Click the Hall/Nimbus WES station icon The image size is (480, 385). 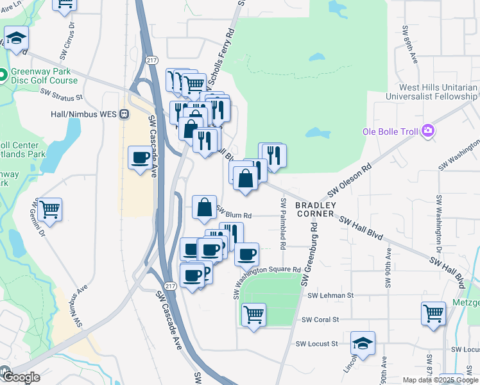[x=124, y=114]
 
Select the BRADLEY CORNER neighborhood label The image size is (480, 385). [x=314, y=209]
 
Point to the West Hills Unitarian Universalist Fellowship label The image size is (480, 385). [x=438, y=92]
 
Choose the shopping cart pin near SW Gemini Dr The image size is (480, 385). [x=49, y=209]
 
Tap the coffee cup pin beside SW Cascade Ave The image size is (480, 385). [x=140, y=157]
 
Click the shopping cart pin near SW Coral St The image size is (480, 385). [x=254, y=314]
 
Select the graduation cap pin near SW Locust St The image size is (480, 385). [x=363, y=343]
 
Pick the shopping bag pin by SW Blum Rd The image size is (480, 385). [x=204, y=207]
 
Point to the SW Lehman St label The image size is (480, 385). [x=330, y=296]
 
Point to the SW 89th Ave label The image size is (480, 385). [x=410, y=45]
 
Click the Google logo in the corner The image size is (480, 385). [x=20, y=377]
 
